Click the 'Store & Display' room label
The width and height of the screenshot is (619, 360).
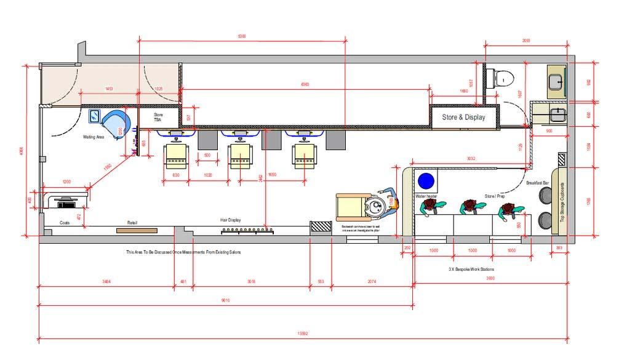pyautogui.click(x=463, y=117)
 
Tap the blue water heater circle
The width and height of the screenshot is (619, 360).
pyautogui.click(x=426, y=181)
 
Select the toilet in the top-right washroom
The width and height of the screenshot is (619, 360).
pyautogui.click(x=504, y=78)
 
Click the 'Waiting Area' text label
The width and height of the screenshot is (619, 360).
pyautogui.click(x=94, y=137)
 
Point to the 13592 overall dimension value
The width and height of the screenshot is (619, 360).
pyautogui.click(x=302, y=334)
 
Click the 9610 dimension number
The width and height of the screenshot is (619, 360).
pyautogui.click(x=225, y=300)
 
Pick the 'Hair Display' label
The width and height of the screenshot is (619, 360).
pyautogui.click(x=231, y=220)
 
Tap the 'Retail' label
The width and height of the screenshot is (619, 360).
pyautogui.click(x=132, y=222)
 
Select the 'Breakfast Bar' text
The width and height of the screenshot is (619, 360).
pyautogui.click(x=537, y=183)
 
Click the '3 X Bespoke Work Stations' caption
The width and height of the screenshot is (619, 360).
pyautogui.click(x=471, y=270)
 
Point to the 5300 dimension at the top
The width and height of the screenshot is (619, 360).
pyautogui.click(x=241, y=37)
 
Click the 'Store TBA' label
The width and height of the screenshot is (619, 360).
pyautogui.click(x=158, y=117)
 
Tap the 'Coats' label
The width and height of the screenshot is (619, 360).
pyautogui.click(x=65, y=223)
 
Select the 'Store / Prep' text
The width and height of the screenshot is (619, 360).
pyautogui.click(x=494, y=196)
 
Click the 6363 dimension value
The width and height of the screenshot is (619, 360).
pyautogui.click(x=305, y=84)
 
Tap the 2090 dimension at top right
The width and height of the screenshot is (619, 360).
pyautogui.click(x=526, y=41)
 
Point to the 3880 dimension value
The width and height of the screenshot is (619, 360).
pyautogui.click(x=490, y=278)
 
